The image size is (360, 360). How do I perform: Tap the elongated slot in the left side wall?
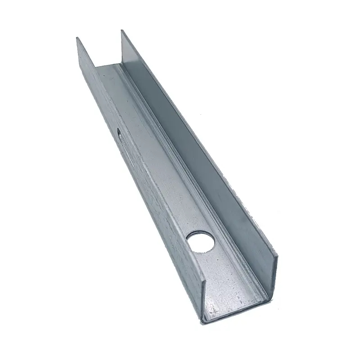(119, 133)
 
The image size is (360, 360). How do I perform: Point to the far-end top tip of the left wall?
(77, 38)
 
